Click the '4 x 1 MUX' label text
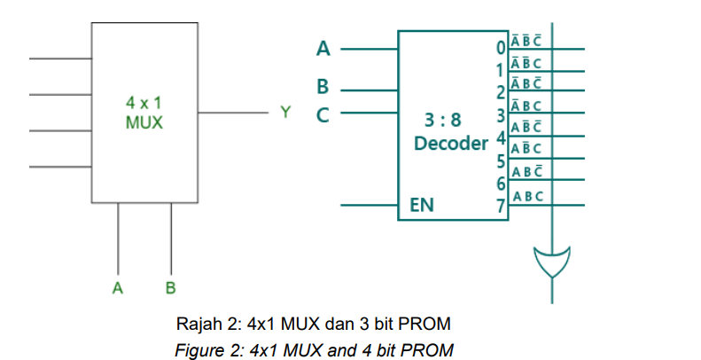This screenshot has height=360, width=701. coord(144,113)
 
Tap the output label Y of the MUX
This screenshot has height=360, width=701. coord(284,113)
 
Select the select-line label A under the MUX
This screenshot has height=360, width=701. coord(117,287)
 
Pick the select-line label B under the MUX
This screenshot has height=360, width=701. coord(170,287)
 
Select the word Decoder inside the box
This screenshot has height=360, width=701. coord(450,142)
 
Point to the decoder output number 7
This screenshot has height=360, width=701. coord(501,207)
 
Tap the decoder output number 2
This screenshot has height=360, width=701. coord(501,92)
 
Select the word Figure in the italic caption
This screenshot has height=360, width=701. coord(198,349)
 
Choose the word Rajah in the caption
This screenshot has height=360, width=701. coord(198,320)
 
